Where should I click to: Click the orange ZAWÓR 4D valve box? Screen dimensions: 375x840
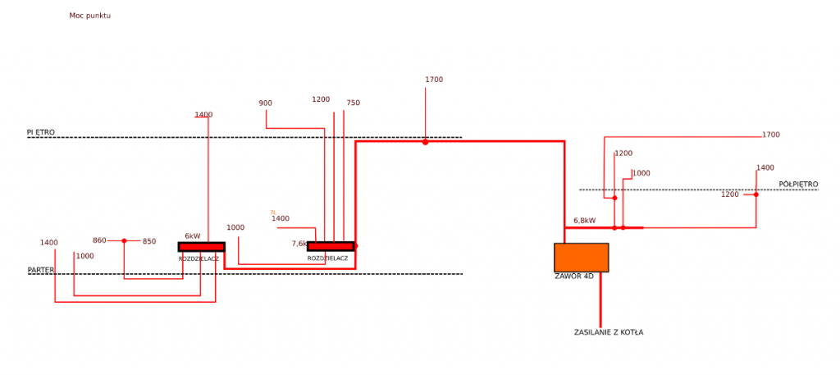(581, 258)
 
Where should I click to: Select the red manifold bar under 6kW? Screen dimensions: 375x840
(201, 246)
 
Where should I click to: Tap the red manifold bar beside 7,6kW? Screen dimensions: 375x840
(331, 246)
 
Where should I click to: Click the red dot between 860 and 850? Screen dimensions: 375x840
(124, 240)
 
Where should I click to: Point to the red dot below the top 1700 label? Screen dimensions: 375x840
(425, 142)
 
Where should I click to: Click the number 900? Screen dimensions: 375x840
(265, 103)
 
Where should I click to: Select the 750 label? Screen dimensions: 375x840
(353, 103)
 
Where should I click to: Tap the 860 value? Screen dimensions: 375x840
(99, 240)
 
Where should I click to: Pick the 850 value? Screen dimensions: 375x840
(149, 241)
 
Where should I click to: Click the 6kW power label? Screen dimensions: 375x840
(193, 236)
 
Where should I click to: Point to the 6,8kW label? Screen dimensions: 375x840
(584, 221)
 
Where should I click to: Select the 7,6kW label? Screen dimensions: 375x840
(299, 244)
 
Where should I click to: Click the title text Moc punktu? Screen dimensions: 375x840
(90, 16)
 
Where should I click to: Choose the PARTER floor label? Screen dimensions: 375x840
(41, 270)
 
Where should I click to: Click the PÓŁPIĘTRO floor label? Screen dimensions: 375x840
(798, 184)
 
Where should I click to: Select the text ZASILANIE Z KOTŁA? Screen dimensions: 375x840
(609, 332)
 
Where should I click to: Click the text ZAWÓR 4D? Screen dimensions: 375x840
(574, 277)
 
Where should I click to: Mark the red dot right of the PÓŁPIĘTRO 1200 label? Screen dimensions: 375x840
(756, 194)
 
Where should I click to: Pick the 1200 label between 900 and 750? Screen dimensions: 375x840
(321, 100)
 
